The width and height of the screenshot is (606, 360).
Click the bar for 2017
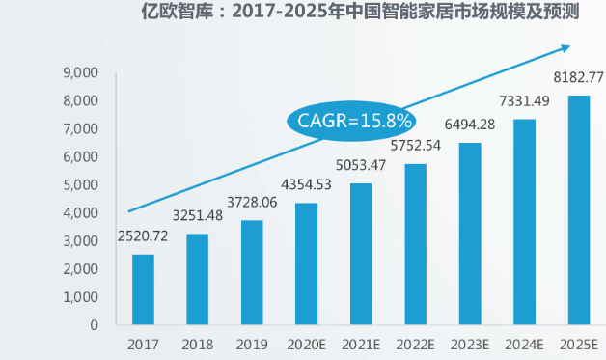coord(143,289)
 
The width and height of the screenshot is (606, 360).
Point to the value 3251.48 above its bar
coord(197,217)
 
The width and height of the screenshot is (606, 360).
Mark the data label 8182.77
coord(578,77)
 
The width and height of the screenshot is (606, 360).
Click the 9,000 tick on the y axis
coord(81,72)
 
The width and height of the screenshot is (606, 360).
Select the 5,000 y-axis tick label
coord(81,185)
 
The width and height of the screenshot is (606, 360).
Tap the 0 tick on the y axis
coord(95,325)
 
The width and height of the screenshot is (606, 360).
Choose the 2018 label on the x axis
coord(197,345)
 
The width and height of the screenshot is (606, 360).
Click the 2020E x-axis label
coord(306,345)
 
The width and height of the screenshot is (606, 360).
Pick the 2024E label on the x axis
coord(524,345)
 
